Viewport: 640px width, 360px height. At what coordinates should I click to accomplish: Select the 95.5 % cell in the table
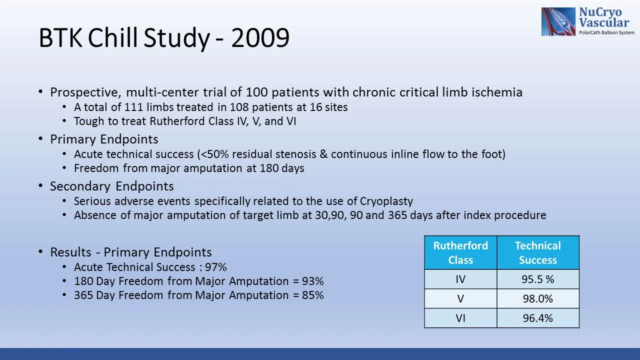(537, 279)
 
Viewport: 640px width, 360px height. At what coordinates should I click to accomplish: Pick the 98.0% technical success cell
(537, 299)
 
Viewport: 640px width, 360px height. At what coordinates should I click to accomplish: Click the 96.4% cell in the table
(537, 318)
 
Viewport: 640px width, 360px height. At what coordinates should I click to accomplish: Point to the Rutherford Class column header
(460, 252)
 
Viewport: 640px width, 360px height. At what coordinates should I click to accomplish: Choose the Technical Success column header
(537, 252)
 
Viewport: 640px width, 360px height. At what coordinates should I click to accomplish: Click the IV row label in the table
(460, 279)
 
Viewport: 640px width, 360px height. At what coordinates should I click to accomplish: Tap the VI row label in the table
(460, 318)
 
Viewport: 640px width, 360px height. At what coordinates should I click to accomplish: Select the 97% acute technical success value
(216, 267)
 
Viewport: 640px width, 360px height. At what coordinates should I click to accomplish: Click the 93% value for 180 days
(312, 281)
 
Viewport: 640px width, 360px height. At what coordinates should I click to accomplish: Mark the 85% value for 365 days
(312, 295)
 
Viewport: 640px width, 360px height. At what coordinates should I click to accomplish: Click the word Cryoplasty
(386, 201)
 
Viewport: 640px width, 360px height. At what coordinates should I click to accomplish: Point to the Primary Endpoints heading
(104, 139)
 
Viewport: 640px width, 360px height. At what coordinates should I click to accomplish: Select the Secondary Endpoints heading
(111, 186)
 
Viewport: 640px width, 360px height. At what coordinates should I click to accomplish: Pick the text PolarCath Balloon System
(606, 32)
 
